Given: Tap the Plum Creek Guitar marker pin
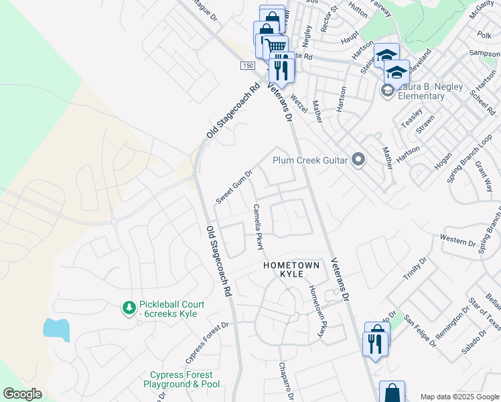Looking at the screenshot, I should point(358,159).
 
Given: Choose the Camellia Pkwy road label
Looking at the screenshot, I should point(257,227).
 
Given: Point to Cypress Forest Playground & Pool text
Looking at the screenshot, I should point(182,380).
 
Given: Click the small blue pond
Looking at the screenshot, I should point(56,328).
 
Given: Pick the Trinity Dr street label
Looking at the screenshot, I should point(415,269).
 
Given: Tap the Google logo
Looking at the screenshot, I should point(22,395).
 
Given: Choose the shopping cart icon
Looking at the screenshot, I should point(275,47).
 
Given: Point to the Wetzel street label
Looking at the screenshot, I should point(298,104).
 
